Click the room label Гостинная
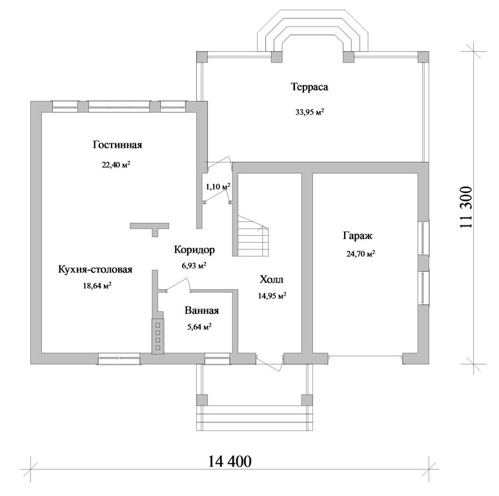coord(117,145)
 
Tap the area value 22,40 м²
coord(116,165)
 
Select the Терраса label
coord(310,87)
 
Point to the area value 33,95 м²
coord(310,112)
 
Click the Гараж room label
coord(358,236)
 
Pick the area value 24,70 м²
coord(361,254)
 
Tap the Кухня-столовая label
coord(95,269)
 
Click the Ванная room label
coord(202,311)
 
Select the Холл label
coord(272,280)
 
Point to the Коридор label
coord(194,249)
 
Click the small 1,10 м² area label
coord(218,187)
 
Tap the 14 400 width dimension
coord(230,461)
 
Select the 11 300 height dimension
coord(466,207)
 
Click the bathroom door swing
coord(179,284)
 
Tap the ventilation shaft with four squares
coord(158,336)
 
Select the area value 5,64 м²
coord(199,327)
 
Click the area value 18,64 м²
coord(97,285)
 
